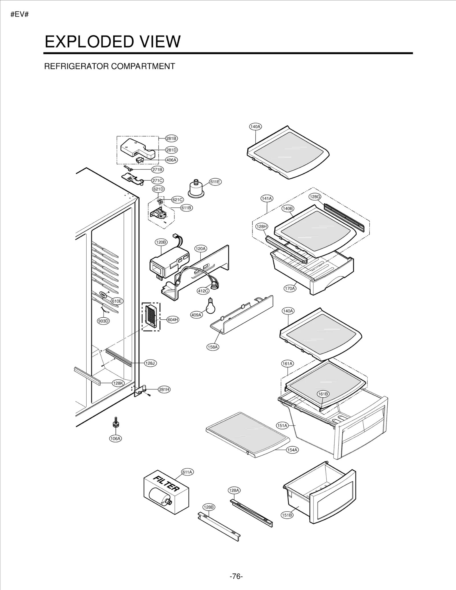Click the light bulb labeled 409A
point(211,307)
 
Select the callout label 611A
point(187,472)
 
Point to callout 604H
point(173,320)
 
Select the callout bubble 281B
point(171,138)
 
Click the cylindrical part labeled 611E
point(196,189)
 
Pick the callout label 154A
point(292,450)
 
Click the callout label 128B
point(209,507)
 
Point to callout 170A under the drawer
point(290,288)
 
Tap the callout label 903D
point(103,321)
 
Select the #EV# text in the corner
point(20,15)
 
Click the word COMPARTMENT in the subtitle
point(143,66)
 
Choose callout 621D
point(158,189)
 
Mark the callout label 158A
point(213,347)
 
